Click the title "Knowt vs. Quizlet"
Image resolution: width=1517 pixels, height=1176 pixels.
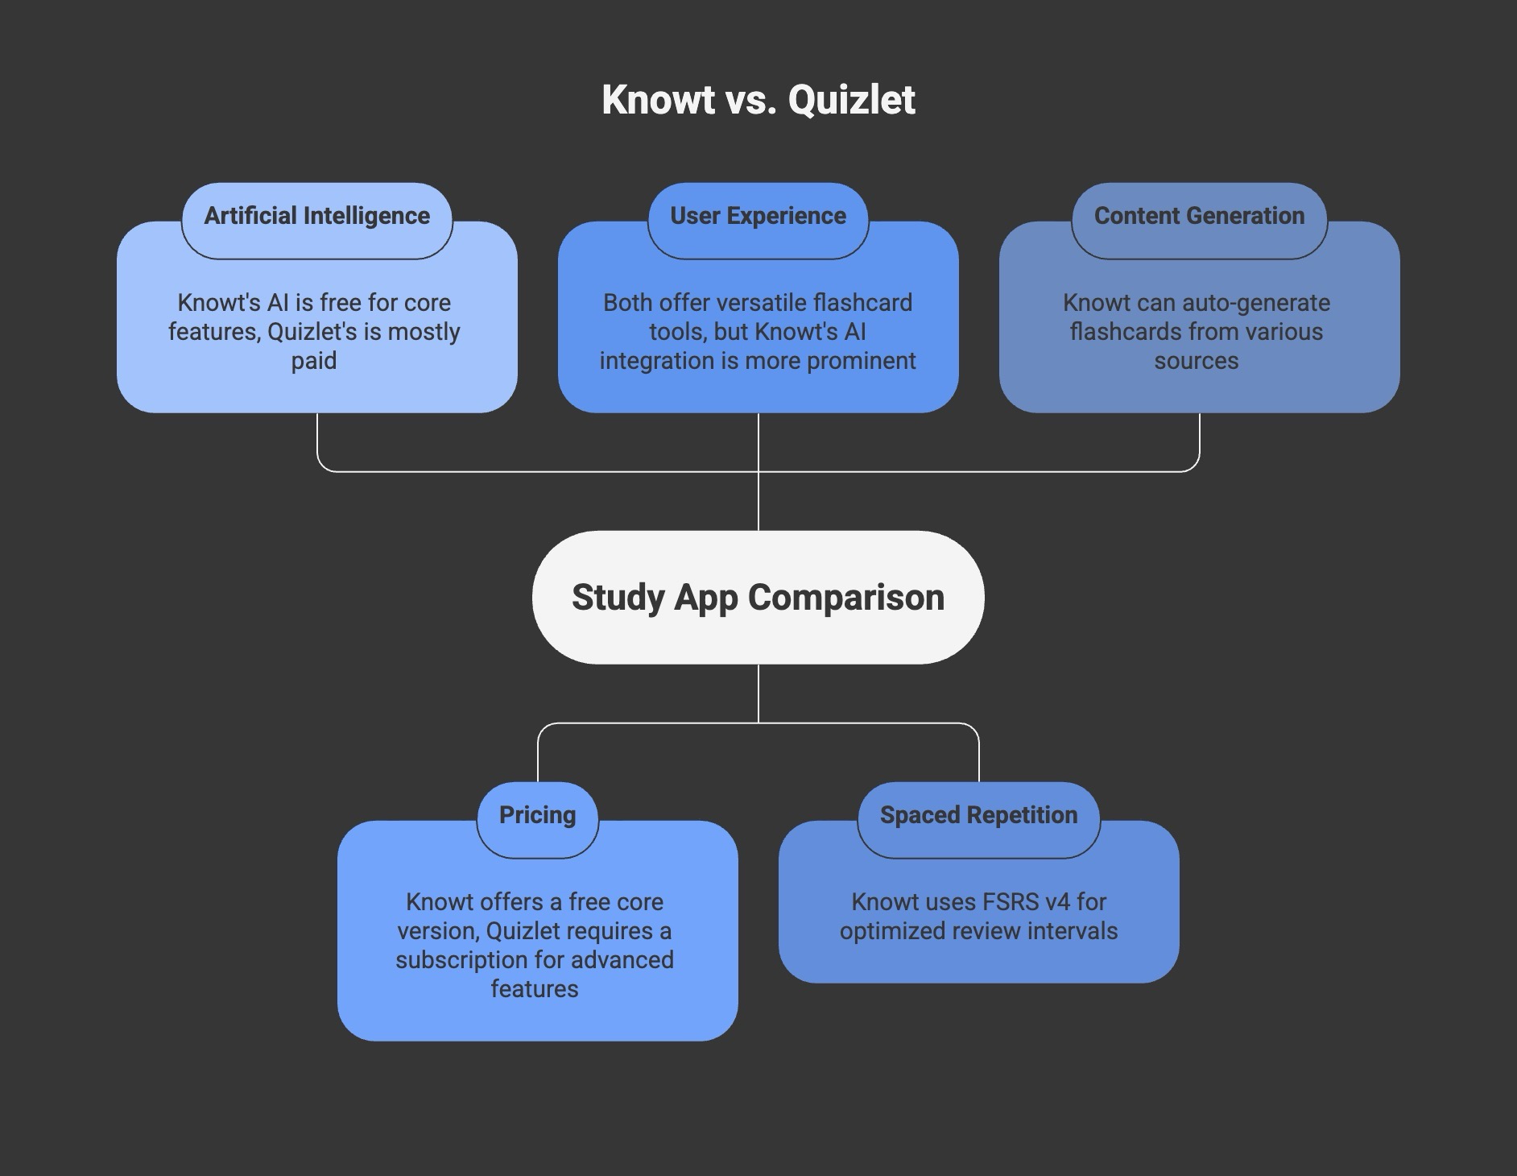click(x=758, y=100)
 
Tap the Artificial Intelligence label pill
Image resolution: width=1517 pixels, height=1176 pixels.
click(x=317, y=221)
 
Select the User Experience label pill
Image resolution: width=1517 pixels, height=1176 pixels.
click(x=758, y=221)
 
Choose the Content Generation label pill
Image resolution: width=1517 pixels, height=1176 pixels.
click(x=1200, y=221)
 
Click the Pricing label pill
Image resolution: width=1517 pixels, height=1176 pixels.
click(x=538, y=820)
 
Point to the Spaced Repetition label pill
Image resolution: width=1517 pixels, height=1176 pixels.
click(x=979, y=820)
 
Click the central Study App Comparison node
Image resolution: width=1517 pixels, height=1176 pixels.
click(x=758, y=597)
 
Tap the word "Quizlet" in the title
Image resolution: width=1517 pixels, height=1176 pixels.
click(x=852, y=100)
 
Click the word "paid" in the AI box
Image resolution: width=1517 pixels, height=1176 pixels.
click(x=314, y=362)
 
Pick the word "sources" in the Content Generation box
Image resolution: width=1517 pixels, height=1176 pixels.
click(x=1197, y=361)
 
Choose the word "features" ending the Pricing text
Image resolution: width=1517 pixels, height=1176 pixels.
click(x=535, y=989)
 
